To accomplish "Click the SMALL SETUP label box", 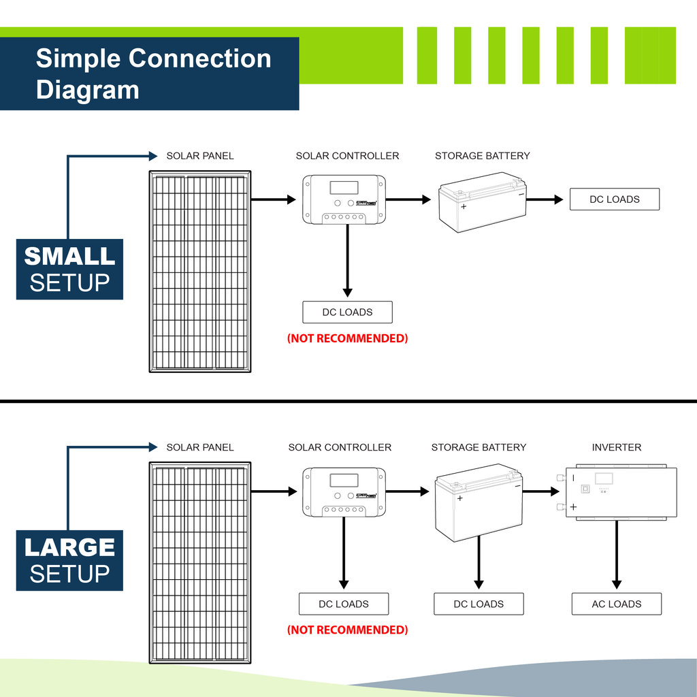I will click(69, 269).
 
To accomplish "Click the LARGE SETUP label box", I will click(69, 560).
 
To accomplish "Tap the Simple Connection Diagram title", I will click(153, 74).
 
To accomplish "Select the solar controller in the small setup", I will click(344, 199).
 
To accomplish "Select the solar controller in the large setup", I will click(344, 491).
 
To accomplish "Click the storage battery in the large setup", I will click(479, 502).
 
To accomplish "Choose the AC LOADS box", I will click(617, 604).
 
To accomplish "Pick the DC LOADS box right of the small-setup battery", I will click(615, 199).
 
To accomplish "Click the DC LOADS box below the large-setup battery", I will click(479, 604).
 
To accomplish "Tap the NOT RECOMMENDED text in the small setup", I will click(347, 338).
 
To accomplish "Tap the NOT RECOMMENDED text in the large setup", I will click(347, 630).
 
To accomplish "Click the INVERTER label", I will click(617, 447).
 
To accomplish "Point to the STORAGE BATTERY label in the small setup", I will click(482, 156).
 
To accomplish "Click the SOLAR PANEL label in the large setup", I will click(200, 447).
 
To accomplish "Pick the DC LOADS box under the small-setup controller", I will click(347, 312).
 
